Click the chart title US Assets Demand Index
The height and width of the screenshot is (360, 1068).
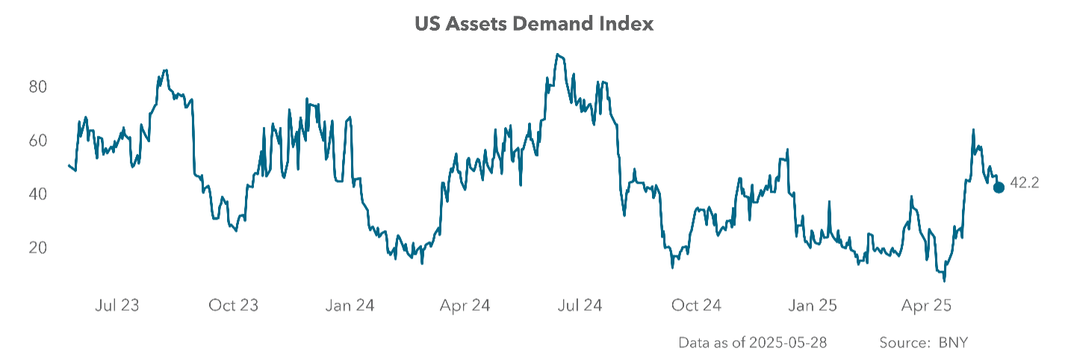[x=534, y=24]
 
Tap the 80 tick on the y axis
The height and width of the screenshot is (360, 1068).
[x=37, y=87]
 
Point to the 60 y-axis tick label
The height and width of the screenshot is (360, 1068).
[x=37, y=140]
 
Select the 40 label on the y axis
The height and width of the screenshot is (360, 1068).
[x=37, y=194]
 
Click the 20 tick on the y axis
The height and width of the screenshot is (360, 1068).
[x=37, y=248]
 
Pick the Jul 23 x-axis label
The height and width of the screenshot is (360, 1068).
[x=117, y=305]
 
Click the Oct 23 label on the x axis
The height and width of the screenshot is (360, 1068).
[x=233, y=305]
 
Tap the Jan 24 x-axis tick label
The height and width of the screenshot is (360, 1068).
[x=350, y=305]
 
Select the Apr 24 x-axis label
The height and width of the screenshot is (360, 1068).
[x=465, y=305]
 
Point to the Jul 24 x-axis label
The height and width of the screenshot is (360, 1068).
[x=580, y=305]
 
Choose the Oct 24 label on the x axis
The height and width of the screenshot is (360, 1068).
[x=697, y=305]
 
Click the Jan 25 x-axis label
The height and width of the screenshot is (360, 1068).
[x=813, y=305]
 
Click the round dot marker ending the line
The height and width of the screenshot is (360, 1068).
[x=999, y=187]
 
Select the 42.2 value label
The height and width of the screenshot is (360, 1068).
[x=1025, y=183]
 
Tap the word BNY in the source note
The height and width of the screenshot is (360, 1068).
[x=954, y=343]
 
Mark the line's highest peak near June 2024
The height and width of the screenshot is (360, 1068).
[x=557, y=55]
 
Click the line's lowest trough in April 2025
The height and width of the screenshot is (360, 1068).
[x=944, y=281]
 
